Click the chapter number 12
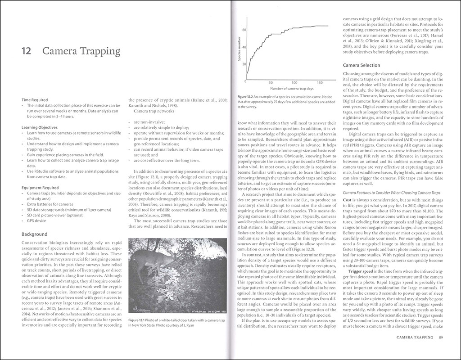(x=26, y=51)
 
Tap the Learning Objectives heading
(x=42, y=127)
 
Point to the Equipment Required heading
(x=43, y=187)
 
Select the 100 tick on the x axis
(x=294, y=83)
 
